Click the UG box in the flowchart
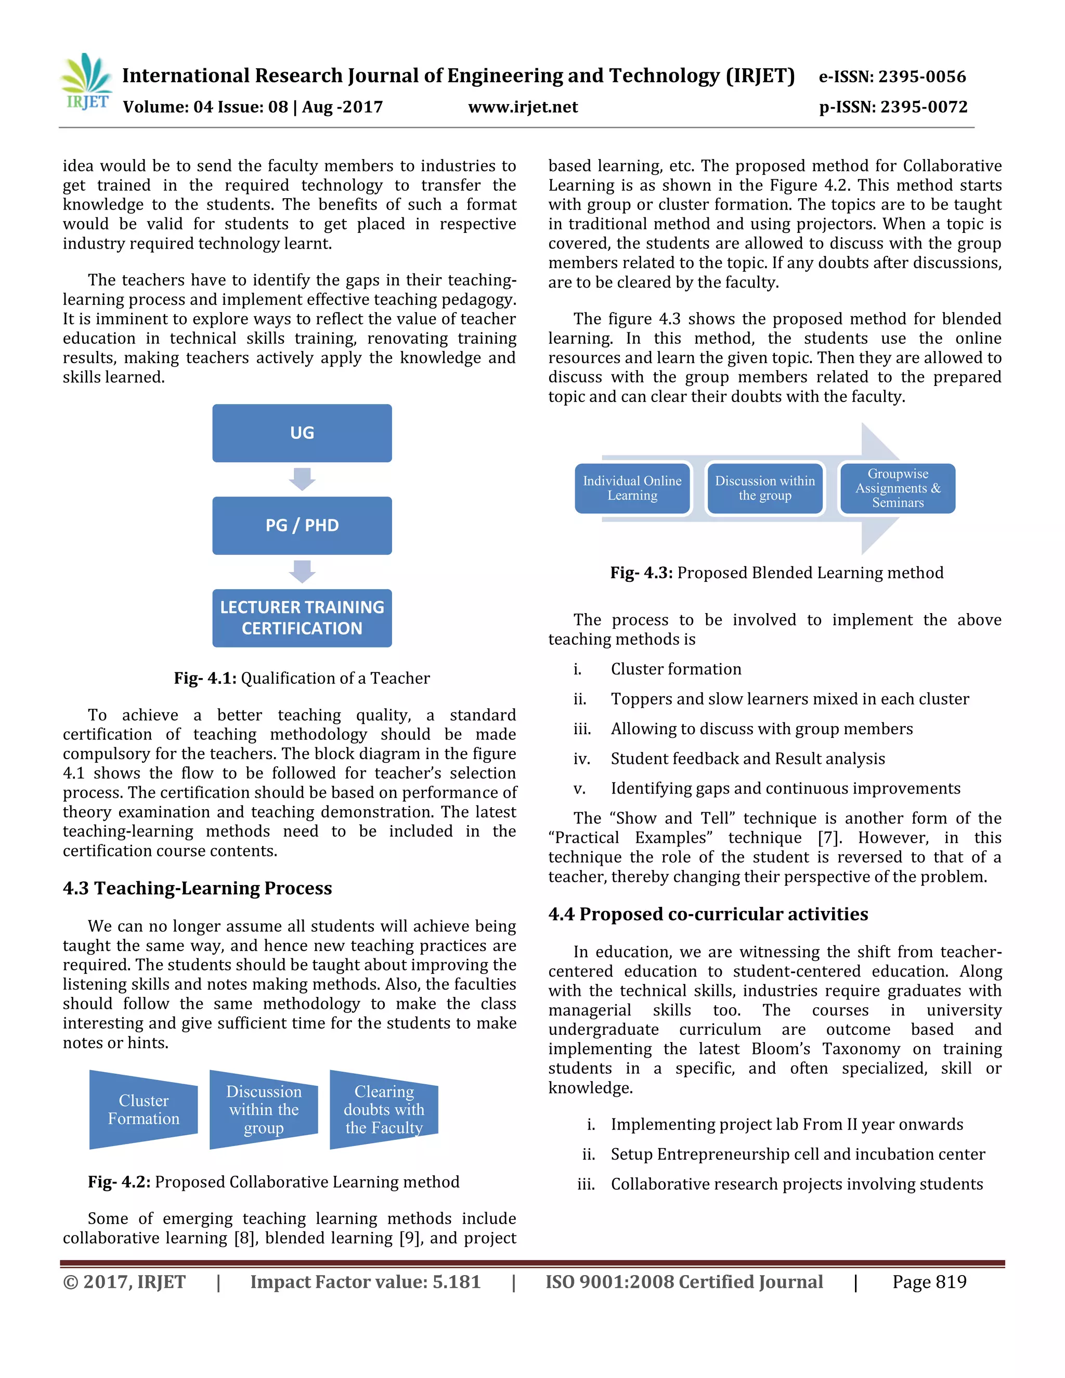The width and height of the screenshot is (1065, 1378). pos(302,433)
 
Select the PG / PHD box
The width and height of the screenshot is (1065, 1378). pos(302,525)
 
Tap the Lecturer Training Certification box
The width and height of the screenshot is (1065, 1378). pos(302,618)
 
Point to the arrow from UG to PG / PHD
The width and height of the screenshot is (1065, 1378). pos(302,479)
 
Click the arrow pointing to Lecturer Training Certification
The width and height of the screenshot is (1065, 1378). pos(302,571)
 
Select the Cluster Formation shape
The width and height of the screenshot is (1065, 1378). pos(143,1109)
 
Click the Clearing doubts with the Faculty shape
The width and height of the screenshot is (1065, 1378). pos(384,1109)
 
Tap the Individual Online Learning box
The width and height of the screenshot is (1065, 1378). pos(632,488)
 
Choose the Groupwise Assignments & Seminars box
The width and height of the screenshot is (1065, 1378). pos(897,488)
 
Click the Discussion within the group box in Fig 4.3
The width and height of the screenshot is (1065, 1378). pos(764,488)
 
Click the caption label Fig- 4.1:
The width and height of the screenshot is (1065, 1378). pos(205,678)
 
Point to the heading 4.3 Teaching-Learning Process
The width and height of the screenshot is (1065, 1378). pos(197,888)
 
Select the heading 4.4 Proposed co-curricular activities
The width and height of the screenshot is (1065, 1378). pos(708,914)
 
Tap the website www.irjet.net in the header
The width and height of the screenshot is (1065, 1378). pos(523,107)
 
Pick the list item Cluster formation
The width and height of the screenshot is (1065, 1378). pos(676,669)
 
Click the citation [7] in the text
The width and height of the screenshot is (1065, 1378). pos(828,838)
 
